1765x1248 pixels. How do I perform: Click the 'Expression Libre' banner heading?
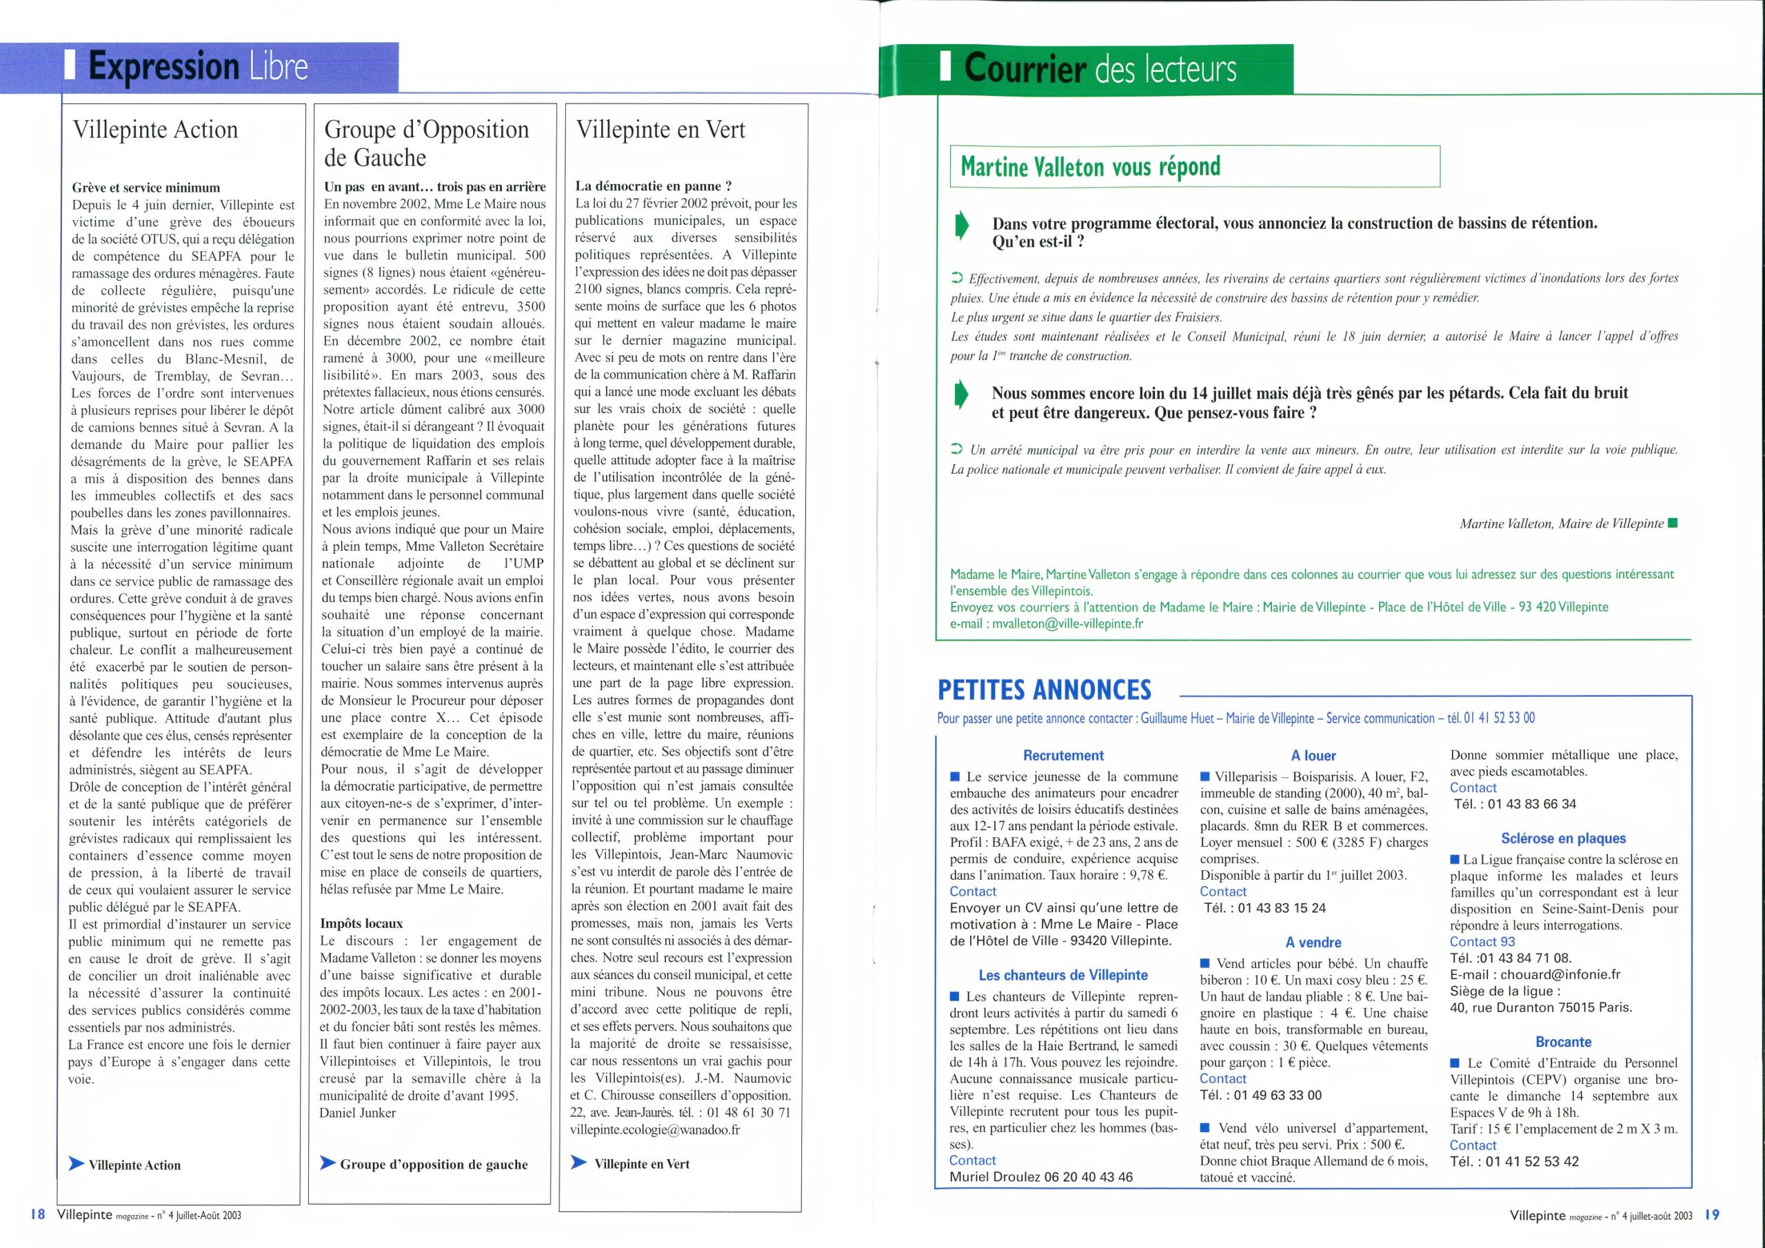198,68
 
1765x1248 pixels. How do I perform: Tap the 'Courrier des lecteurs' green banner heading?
1099,69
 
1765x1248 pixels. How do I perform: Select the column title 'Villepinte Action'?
155,129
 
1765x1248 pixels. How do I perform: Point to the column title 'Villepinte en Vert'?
660,129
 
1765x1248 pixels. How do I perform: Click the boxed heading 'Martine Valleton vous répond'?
1090,167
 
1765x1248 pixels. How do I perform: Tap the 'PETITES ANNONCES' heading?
1044,690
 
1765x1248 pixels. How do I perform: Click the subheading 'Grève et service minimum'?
146,188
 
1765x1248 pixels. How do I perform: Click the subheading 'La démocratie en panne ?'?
654,186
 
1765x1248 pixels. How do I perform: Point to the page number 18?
39,1215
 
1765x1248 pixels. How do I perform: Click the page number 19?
1712,1215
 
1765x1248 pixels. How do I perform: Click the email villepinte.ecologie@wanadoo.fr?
655,1129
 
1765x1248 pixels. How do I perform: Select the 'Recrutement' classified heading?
1063,756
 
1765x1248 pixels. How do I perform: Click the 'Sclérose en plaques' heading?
1564,838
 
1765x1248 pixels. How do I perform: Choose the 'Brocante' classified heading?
1564,1042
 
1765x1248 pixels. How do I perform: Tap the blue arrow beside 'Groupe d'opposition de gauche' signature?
327,1163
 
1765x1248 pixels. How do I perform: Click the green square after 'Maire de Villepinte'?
1673,523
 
